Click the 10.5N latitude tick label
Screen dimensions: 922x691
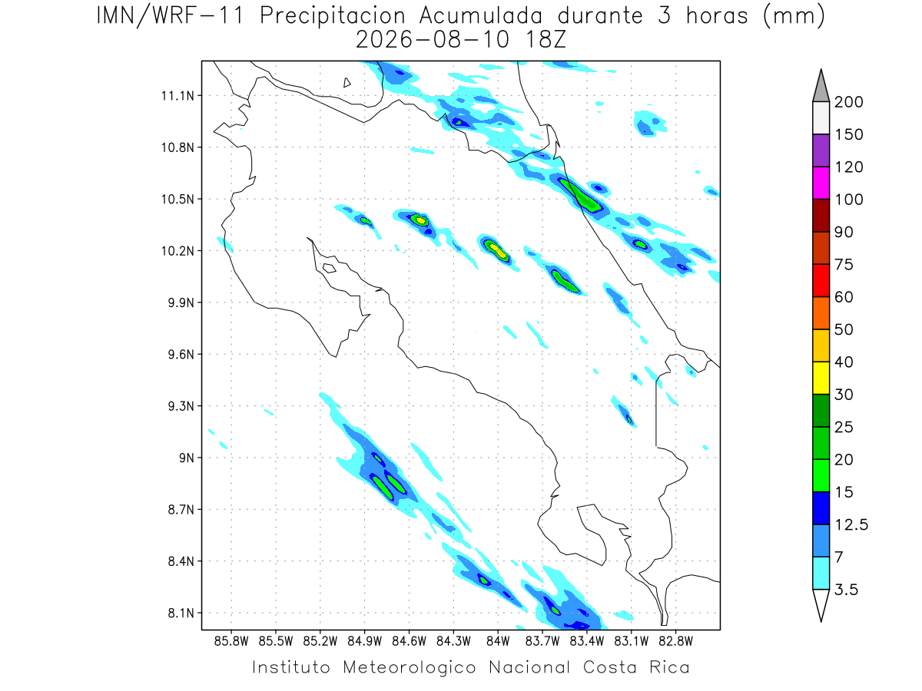click(177, 199)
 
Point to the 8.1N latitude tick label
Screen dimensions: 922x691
click(181, 613)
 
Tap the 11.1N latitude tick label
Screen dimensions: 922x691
click(177, 96)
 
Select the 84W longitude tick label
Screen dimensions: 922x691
click(498, 641)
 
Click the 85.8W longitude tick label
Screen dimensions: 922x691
click(231, 641)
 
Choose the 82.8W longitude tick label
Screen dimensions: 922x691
click(675, 641)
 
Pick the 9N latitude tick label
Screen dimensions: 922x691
click(187, 458)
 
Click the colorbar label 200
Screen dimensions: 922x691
click(848, 102)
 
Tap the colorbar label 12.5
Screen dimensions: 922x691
click(851, 524)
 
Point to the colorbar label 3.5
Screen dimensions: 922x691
click(846, 590)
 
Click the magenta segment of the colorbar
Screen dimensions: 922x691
click(821, 183)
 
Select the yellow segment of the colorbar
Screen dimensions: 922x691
click(821, 378)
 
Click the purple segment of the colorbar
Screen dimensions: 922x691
click(821, 150)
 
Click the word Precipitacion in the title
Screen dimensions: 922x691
click(332, 16)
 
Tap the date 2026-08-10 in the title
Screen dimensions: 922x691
click(433, 40)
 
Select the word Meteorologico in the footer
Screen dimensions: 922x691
click(409, 667)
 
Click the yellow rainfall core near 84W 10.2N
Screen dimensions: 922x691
click(498, 251)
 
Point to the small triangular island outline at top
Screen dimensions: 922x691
click(347, 82)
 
